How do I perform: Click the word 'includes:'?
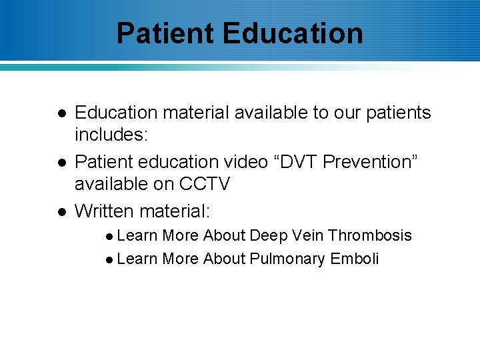[111, 135]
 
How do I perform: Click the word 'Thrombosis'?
[370, 235]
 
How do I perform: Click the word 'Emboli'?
[355, 259]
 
